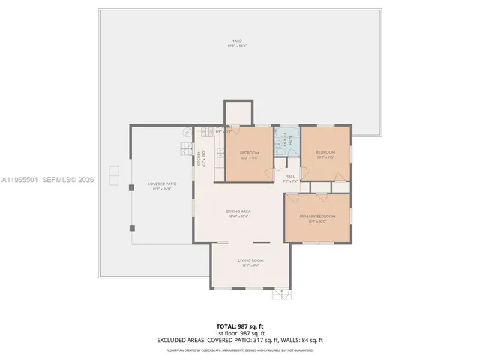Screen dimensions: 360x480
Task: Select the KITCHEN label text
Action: coord(199,158)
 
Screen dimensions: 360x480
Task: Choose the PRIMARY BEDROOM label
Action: coord(317,217)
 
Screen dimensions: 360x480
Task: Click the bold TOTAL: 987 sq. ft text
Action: coord(239,325)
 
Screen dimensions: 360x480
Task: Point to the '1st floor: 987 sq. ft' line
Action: coord(239,332)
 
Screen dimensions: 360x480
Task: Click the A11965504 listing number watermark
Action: coord(19,181)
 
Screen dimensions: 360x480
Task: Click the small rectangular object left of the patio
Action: coord(113,175)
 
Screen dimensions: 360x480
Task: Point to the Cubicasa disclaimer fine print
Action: coord(239,349)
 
